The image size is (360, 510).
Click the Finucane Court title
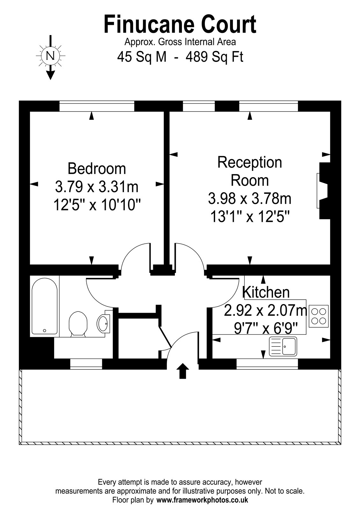180,24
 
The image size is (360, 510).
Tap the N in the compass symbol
50,55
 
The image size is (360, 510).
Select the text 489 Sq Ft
215,57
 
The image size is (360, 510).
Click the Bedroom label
97,169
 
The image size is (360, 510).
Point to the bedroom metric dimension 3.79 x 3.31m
97,187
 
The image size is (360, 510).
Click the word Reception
250,163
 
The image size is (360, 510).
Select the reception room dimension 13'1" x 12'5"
250,216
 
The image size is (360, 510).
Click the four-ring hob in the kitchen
319,316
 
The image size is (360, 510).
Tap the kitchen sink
283,346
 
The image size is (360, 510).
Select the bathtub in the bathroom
45,306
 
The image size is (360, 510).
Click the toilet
78,324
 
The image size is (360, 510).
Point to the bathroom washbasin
104,324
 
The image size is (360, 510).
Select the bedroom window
97,106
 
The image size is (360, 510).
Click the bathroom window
86,364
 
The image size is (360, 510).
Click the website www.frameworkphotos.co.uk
202,500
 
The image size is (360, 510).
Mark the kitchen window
267,364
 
